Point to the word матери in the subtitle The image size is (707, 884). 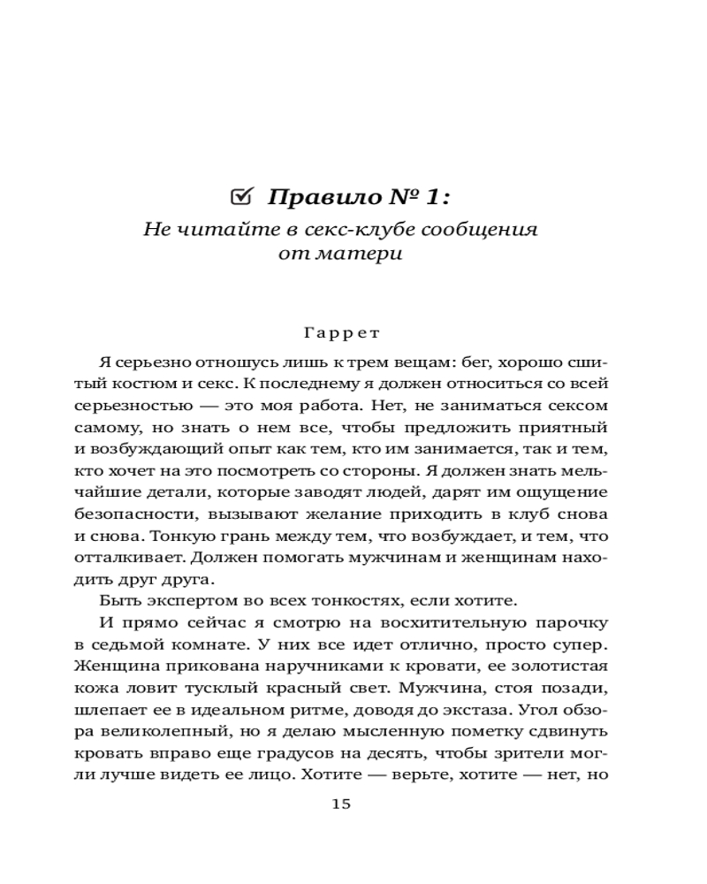point(367,254)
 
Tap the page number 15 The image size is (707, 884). point(341,804)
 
